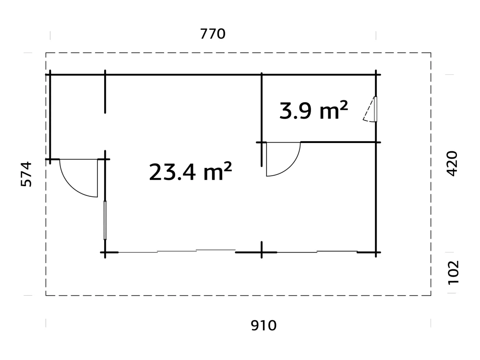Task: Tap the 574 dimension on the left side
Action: point(27,174)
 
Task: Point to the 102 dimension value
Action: point(453,273)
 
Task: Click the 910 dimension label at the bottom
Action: point(264,325)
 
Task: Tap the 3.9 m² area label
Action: point(313,111)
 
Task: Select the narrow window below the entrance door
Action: point(105,220)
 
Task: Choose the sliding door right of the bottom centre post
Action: point(317,251)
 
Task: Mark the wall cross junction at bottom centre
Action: point(262,252)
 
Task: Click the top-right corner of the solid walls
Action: point(376,75)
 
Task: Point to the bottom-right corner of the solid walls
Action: point(376,252)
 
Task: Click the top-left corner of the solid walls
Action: point(50,75)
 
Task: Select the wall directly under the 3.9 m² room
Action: point(338,142)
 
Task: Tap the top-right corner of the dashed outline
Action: point(431,52)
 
